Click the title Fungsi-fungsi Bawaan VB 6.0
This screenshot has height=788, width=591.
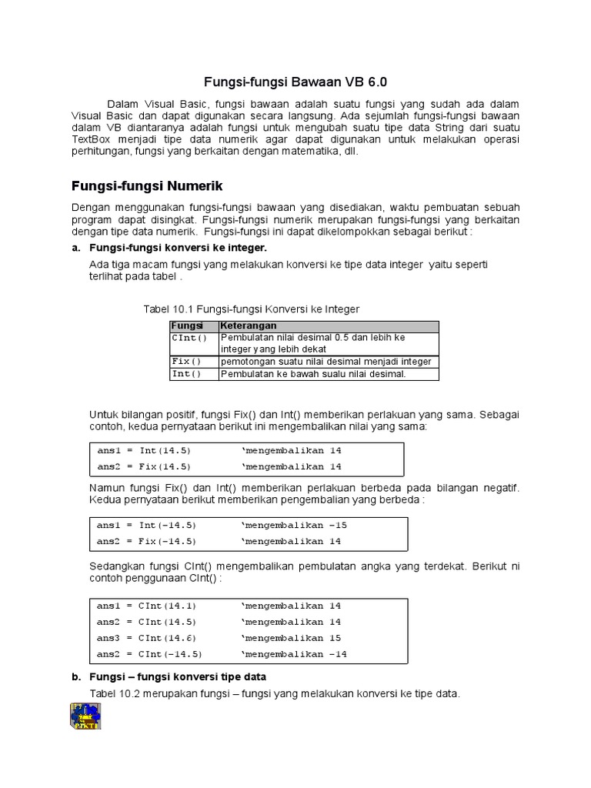pos(295,82)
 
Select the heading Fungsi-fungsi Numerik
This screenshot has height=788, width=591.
pos(147,185)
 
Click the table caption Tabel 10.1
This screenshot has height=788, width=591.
pos(251,309)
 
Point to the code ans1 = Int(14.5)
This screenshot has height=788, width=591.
pos(144,450)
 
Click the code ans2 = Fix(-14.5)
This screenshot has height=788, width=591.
pos(146,541)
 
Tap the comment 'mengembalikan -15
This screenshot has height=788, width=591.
pos(295,525)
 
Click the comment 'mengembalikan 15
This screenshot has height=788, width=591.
pos(292,638)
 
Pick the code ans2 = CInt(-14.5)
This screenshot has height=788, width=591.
pos(149,654)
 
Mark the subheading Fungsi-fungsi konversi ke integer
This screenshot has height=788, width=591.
pos(178,248)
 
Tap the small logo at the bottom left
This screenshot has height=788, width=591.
pos(85,715)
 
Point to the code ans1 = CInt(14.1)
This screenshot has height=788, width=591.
pos(146,606)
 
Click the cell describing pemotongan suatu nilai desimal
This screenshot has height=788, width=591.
pos(326,362)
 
